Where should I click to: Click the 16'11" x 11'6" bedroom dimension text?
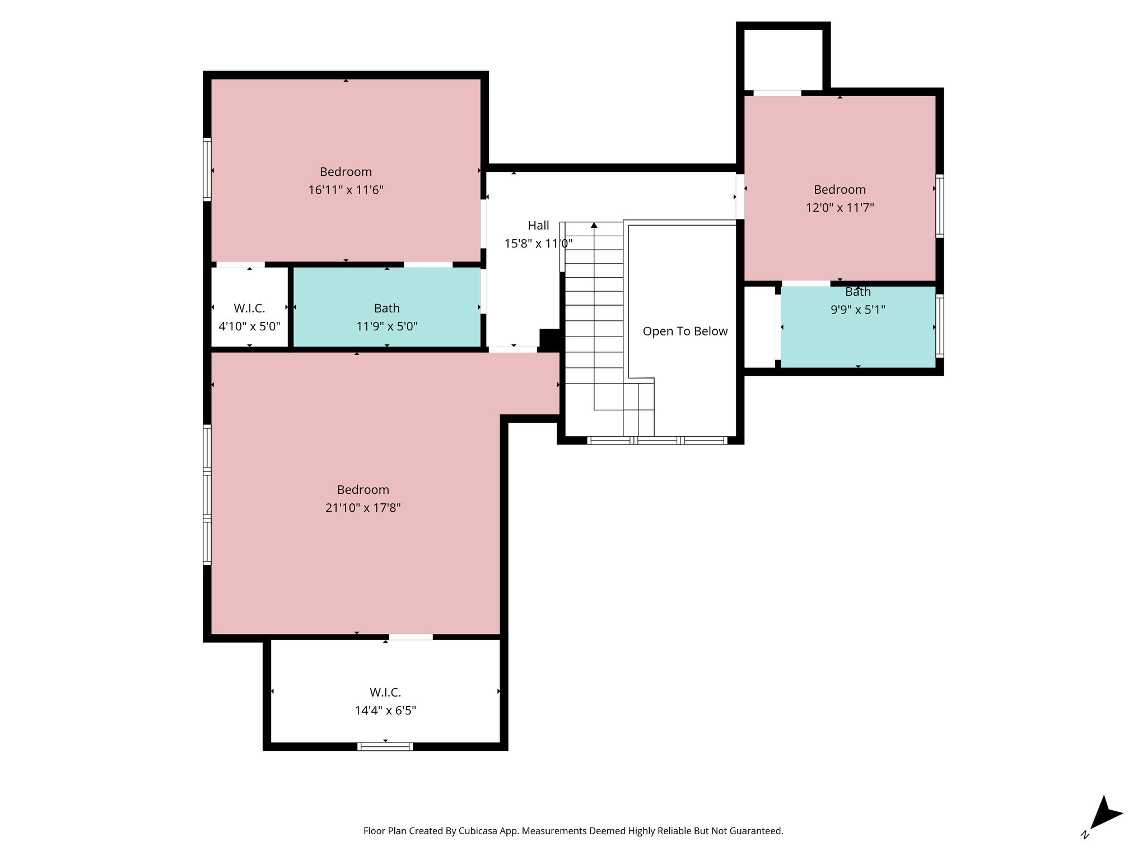click(346, 190)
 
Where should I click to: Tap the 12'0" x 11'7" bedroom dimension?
click(840, 208)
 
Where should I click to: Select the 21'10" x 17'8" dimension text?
click(363, 508)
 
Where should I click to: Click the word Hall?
click(538, 226)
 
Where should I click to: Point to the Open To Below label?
click(685, 331)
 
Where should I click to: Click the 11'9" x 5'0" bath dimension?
click(386, 326)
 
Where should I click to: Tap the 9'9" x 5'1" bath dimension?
click(857, 310)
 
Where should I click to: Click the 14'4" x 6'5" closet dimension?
click(385, 711)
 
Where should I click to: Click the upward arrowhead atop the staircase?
click(594, 225)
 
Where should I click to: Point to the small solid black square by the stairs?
click(549, 338)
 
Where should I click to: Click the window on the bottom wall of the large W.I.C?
click(385, 746)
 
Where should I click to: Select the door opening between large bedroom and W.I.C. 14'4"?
click(411, 637)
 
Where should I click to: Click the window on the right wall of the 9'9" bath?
click(940, 326)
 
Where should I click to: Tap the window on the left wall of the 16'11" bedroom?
click(207, 169)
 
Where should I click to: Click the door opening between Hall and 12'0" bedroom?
click(740, 197)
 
